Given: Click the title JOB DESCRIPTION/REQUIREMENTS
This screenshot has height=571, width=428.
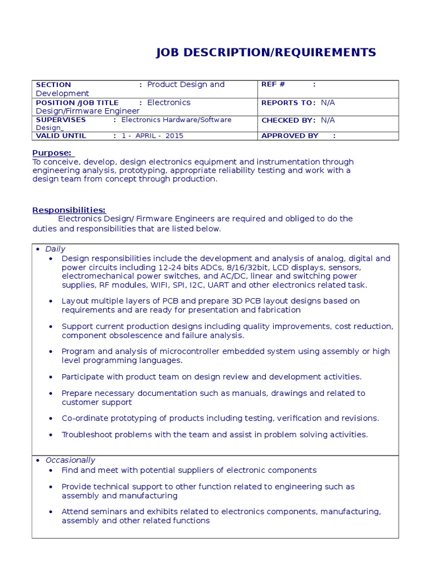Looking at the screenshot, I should point(266,53).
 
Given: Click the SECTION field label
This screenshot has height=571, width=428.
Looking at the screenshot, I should point(53,85).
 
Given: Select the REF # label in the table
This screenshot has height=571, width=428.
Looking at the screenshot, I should point(273,84).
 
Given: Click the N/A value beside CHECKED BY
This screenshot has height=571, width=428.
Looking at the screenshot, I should point(328,120).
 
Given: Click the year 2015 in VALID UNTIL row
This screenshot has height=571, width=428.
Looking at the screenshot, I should point(174,136).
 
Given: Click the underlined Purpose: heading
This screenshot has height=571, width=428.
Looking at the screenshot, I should point(52,153).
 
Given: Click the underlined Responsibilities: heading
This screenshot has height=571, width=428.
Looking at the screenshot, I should point(69,210).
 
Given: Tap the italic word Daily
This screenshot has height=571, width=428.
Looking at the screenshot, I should point(55,249).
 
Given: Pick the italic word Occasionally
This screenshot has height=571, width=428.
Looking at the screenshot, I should point(70,460).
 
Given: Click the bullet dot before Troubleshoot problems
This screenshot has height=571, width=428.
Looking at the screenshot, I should point(51,435).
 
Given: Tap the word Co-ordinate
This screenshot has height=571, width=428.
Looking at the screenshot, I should point(82,418).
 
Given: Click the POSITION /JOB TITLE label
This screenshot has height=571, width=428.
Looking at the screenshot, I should point(77,103).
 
